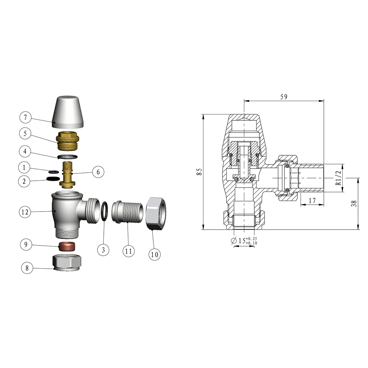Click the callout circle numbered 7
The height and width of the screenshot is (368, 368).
[25, 118]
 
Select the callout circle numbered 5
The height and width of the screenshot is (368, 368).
[25, 134]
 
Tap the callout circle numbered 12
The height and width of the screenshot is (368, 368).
[25, 212]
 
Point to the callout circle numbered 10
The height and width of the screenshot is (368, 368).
[155, 254]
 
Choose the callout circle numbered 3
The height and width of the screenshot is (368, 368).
[103, 250]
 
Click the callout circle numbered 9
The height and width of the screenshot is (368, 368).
[25, 244]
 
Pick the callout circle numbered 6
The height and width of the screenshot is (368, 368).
[98, 171]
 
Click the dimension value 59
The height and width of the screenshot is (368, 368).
[284, 97]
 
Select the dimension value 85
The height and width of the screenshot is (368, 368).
[199, 172]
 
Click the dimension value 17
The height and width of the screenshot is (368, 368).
[311, 201]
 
